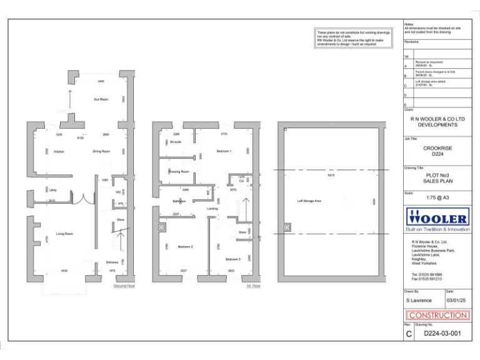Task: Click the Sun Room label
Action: pyautogui.click(x=101, y=99)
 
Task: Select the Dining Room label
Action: pyautogui.click(x=101, y=151)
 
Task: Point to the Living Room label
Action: pyautogui.click(x=65, y=234)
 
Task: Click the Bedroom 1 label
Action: pyautogui.click(x=224, y=151)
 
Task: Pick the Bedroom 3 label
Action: pyautogui.click(x=232, y=259)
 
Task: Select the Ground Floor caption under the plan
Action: pyautogui.click(x=124, y=286)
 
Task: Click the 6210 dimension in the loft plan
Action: pyautogui.click(x=331, y=176)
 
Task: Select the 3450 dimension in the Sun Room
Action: pyautogui.click(x=101, y=82)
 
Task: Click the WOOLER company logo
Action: pyautogui.click(x=437, y=219)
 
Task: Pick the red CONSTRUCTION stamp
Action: pyautogui.click(x=437, y=316)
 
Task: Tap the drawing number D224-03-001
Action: pyautogui.click(x=442, y=334)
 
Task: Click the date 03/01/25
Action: pyautogui.click(x=457, y=301)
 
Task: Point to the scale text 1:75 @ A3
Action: pyautogui.click(x=437, y=197)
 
